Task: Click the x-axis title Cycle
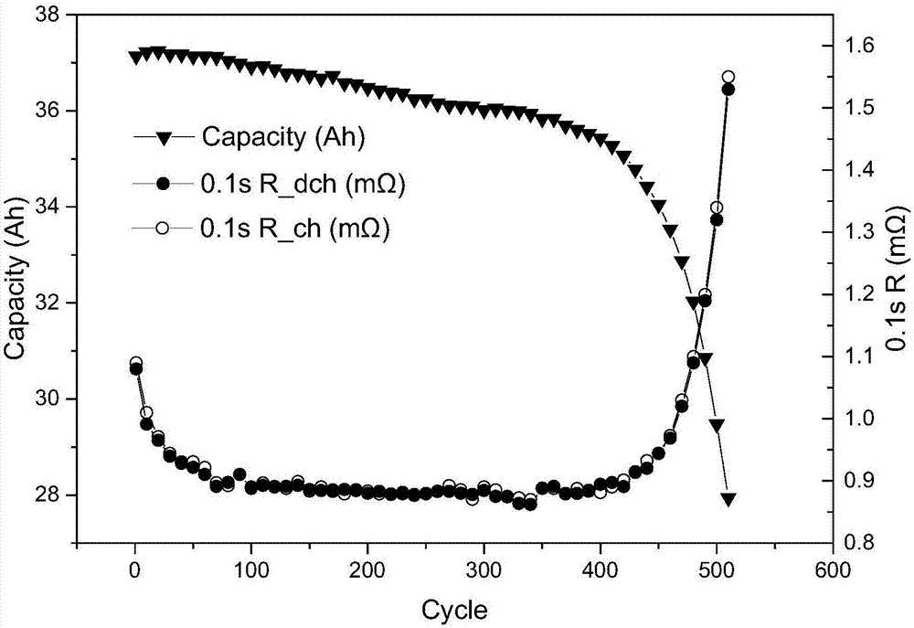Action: click(x=454, y=608)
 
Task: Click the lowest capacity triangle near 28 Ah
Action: click(x=728, y=499)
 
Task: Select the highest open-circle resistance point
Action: click(x=728, y=78)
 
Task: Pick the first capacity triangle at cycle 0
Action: click(x=135, y=58)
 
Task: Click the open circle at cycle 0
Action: click(x=135, y=363)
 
